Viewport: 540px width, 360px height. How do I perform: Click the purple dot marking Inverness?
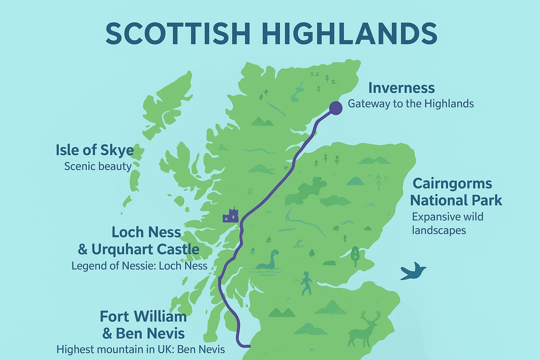335,108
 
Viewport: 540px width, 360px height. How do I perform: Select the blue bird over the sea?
413,271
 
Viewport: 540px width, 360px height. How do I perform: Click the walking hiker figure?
306,283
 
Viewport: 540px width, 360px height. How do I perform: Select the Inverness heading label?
401,87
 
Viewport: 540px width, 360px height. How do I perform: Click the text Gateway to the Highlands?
410,104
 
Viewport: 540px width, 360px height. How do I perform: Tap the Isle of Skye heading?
94,150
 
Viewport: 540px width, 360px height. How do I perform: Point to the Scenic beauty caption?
98,166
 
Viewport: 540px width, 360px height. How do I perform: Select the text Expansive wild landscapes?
447,223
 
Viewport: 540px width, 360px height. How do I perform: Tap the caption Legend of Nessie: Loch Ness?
139,265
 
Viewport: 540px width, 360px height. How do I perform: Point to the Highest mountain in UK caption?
140,349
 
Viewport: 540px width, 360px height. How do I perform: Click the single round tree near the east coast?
355,255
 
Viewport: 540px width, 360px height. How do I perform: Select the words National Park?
456,200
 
